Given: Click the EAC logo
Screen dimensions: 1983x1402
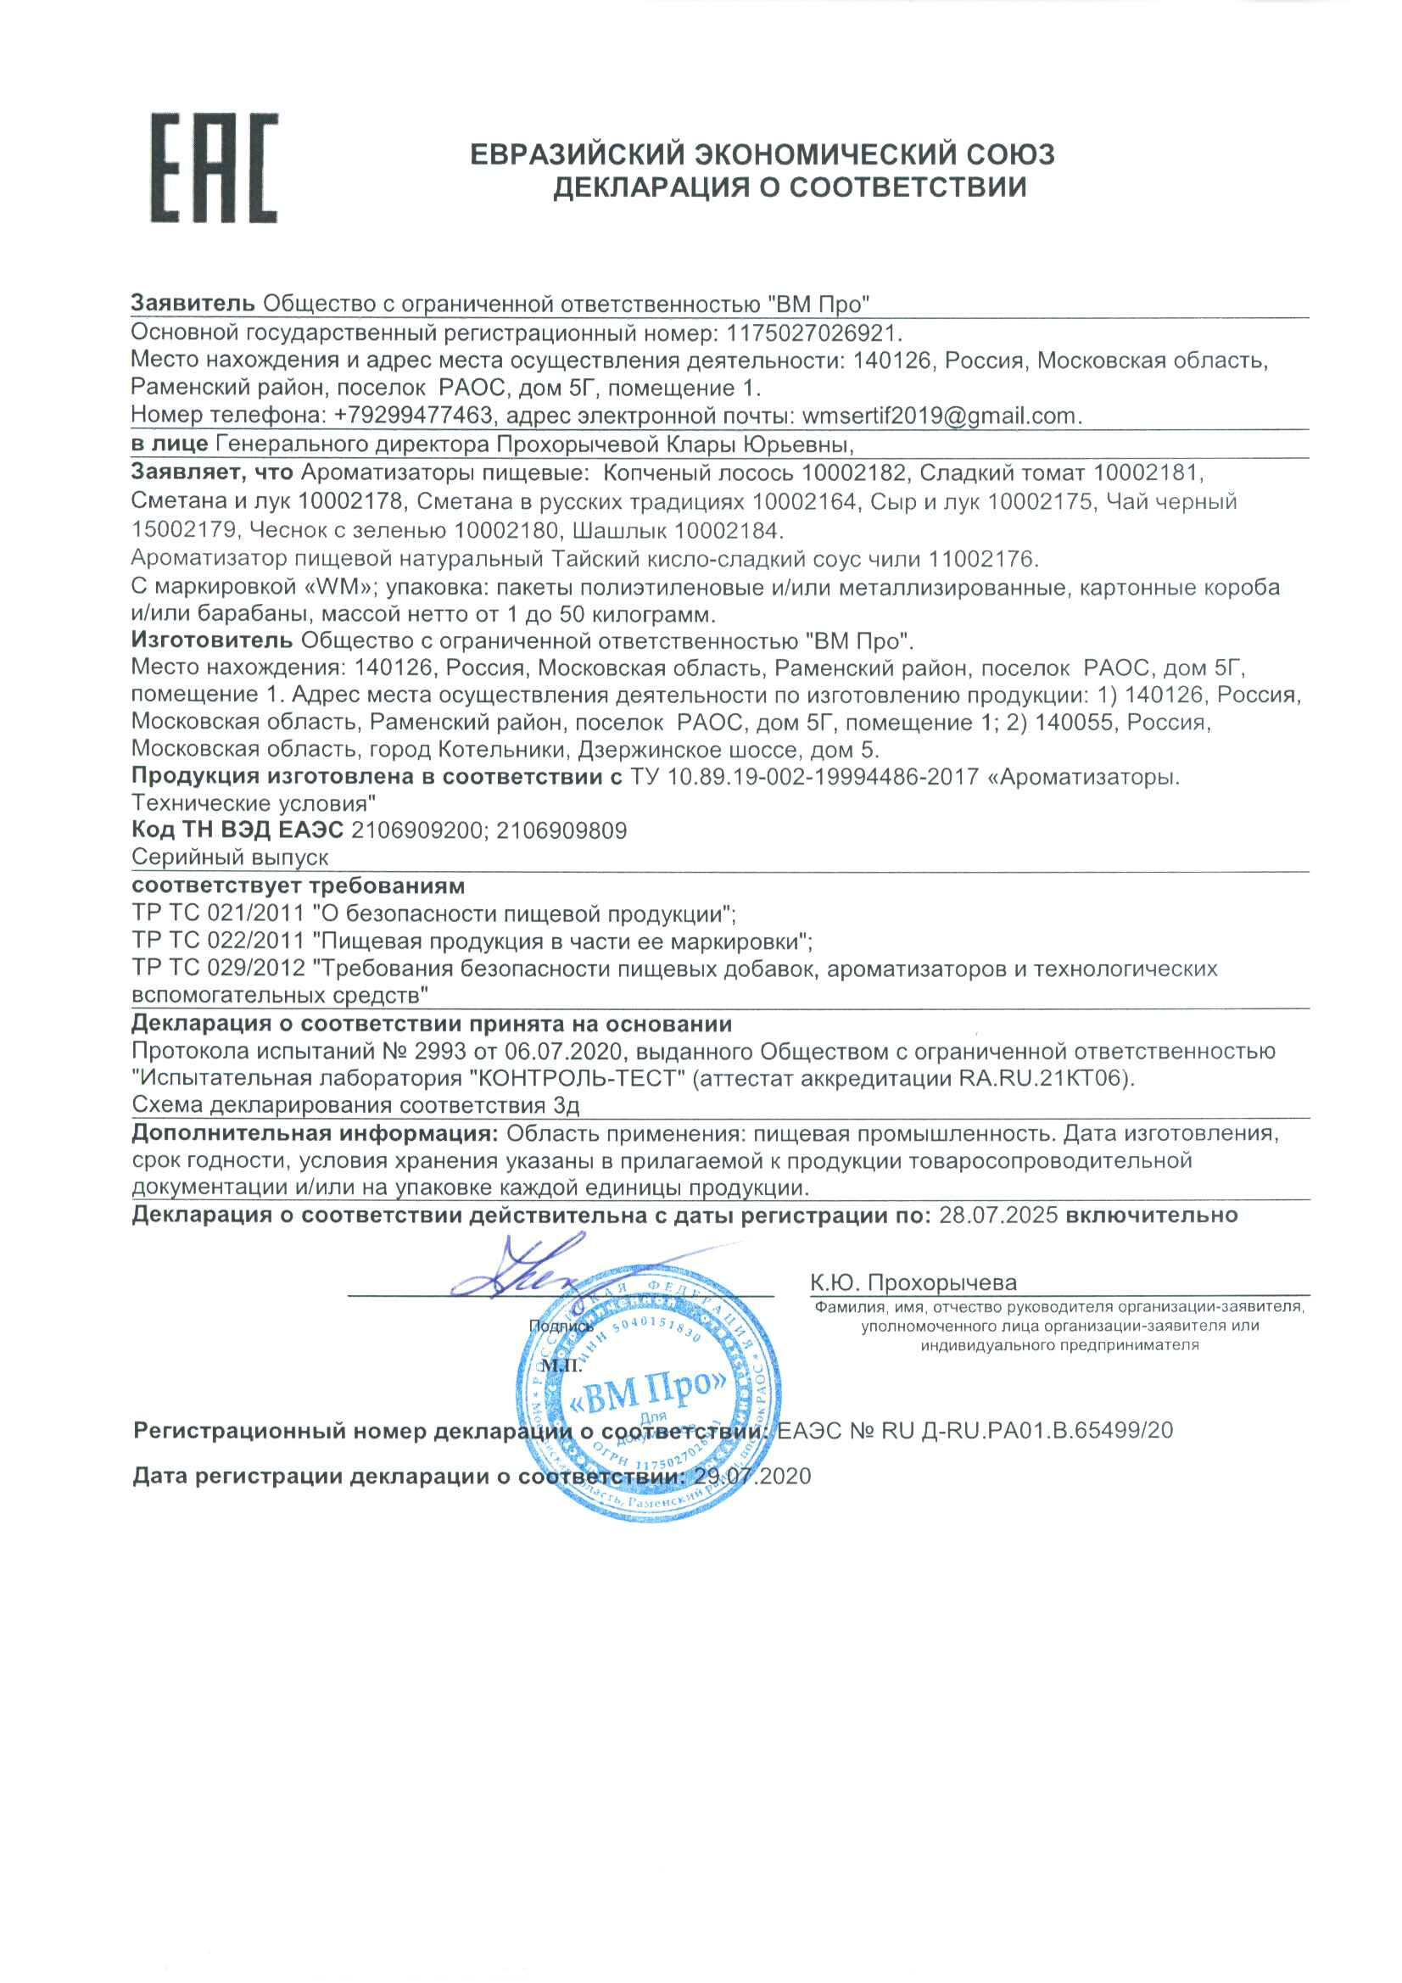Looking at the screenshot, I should tap(215, 169).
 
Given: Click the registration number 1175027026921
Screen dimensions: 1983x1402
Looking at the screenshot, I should tap(813, 332).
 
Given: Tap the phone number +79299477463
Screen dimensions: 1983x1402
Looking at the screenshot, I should tap(413, 416).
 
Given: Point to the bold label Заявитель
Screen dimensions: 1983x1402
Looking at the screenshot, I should tap(193, 303).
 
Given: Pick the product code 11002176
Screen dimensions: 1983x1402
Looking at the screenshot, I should tap(982, 559).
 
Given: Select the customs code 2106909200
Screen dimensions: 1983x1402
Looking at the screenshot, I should tap(417, 831).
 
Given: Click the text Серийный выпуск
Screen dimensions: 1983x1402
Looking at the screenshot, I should tap(230, 857).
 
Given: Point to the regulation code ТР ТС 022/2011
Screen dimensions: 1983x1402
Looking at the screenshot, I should tap(218, 940).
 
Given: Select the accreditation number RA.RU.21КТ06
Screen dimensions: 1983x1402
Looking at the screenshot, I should tap(1043, 1079).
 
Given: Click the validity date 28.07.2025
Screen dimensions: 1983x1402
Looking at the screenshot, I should tap(997, 1215).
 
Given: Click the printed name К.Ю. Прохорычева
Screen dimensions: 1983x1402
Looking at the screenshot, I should tap(913, 1282).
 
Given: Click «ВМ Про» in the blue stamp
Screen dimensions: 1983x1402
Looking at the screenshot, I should tap(649, 1388).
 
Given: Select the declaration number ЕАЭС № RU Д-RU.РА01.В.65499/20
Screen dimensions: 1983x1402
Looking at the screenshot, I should tap(975, 1430).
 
